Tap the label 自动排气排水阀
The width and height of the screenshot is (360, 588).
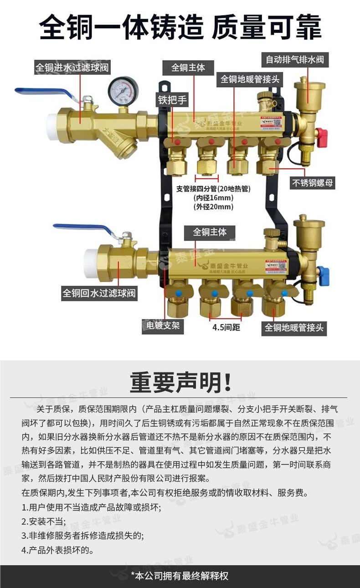point(295,59)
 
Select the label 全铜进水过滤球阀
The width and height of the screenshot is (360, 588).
point(72,68)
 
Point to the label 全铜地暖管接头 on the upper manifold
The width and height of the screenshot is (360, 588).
point(250,79)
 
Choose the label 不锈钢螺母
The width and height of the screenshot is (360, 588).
point(313,183)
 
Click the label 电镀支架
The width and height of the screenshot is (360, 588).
point(163,326)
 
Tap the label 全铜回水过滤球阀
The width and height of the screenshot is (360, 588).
point(99,293)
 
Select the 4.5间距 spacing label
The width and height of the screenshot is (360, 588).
point(226,328)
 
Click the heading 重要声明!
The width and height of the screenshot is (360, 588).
point(180,382)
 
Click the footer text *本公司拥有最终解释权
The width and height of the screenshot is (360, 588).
point(180,576)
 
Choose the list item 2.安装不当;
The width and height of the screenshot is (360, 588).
point(44,521)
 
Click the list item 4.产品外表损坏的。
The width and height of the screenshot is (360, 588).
point(57,550)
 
